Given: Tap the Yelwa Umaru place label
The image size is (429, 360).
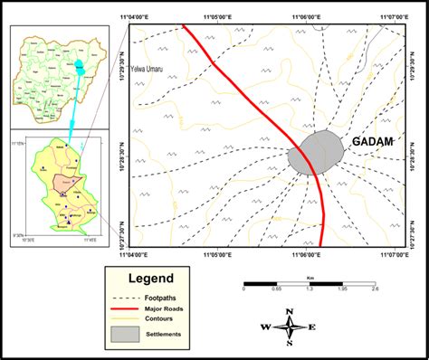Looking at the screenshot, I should pyautogui.click(x=149, y=70).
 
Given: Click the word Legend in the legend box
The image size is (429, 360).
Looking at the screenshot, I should pyautogui.click(x=150, y=279).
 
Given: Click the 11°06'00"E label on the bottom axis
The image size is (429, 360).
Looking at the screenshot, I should pyautogui.click(x=309, y=254).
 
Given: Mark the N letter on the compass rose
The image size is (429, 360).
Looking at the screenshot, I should pyautogui.click(x=290, y=312).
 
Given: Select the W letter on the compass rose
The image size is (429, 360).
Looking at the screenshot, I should pyautogui.click(x=266, y=327).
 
